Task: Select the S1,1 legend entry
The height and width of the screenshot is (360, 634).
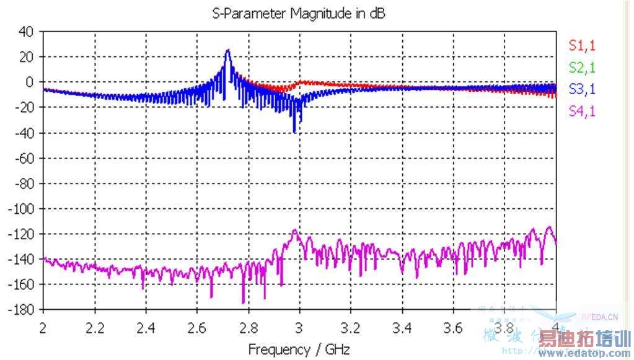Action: [x=582, y=45]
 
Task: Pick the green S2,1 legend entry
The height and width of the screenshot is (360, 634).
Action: [x=582, y=68]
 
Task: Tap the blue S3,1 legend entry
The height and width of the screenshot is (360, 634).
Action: [x=582, y=89]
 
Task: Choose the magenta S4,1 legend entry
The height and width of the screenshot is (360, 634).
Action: [x=582, y=112]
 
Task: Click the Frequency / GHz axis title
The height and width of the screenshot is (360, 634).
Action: [x=299, y=349]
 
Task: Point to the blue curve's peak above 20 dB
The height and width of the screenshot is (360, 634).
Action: [x=227, y=50]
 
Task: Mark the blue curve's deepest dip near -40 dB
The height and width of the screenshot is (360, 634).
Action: [x=294, y=131]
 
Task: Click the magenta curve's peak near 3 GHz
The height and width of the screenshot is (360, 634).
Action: [x=295, y=230]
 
